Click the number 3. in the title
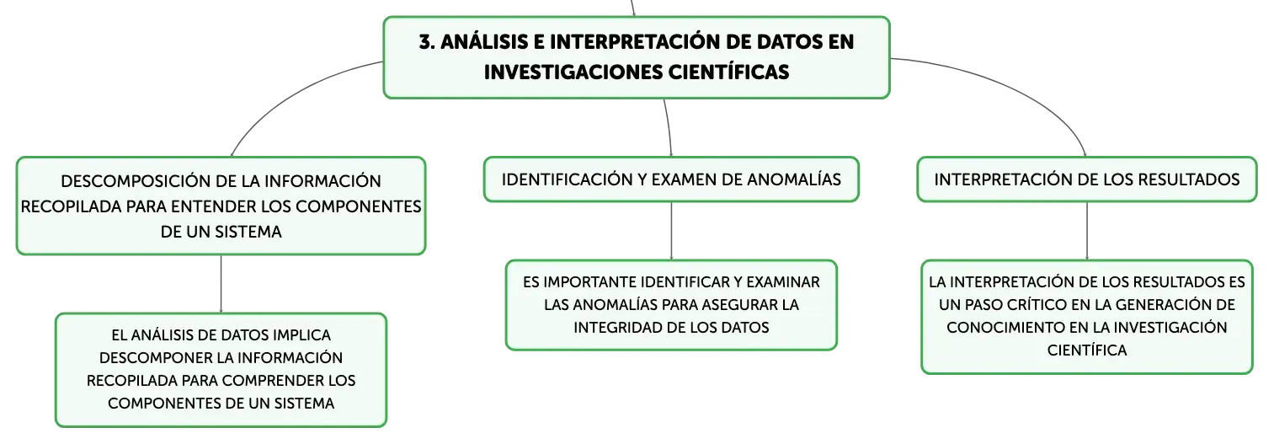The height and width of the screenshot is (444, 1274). tap(428, 42)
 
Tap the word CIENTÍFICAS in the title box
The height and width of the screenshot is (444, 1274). tap(728, 72)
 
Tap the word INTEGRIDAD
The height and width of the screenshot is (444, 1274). tap(616, 328)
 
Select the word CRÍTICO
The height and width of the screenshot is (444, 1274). tap(1037, 305)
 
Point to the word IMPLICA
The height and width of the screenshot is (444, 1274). tap(302, 335)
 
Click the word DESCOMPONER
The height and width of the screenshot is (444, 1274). tap(150, 358)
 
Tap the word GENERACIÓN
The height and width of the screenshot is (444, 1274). tap(1179, 305)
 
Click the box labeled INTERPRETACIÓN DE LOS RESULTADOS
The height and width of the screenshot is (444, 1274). tap(1086, 180)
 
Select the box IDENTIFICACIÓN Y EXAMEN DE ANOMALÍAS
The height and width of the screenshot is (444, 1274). tap(671, 180)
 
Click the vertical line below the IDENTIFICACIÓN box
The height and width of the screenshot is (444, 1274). tap(671, 231)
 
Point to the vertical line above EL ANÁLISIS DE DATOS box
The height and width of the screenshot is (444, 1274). tap(221, 283)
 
